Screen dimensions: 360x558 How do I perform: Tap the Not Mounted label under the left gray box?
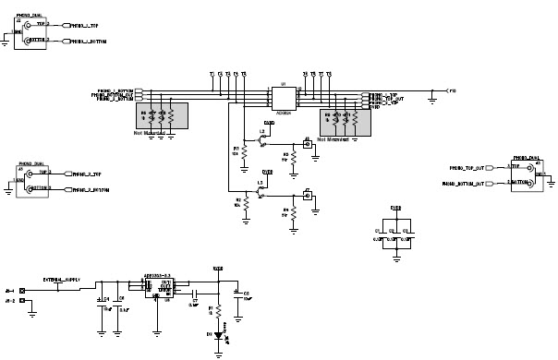click(x=153, y=133)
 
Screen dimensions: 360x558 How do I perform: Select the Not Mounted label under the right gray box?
click(x=334, y=139)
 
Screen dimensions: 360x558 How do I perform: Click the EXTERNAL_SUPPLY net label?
click(x=61, y=278)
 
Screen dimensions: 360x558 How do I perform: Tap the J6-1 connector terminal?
click(x=23, y=290)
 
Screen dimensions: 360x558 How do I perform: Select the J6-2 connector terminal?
click(x=23, y=302)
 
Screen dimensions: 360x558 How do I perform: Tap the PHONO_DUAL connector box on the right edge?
click(x=528, y=175)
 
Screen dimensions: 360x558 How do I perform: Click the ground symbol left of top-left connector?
click(x=6, y=39)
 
